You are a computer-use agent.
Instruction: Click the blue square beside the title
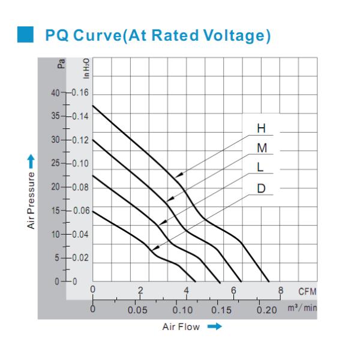point(26,35)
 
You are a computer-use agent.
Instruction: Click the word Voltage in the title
point(232,35)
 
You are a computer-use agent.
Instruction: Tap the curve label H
point(260,128)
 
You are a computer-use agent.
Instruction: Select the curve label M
point(261,148)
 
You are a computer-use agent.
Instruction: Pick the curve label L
point(260,168)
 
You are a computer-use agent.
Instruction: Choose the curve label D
point(261,188)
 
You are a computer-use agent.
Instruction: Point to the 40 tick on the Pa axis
point(55,93)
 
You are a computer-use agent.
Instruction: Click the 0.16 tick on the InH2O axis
point(80,93)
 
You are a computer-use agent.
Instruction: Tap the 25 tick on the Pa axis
point(55,163)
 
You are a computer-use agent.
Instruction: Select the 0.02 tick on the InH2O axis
point(80,258)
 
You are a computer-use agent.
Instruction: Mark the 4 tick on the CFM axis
point(187,290)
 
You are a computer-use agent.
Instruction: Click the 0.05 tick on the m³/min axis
point(137,310)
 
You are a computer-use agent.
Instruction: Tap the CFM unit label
point(307,292)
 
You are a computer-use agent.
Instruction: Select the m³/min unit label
point(302,309)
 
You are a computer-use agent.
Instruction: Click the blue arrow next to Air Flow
point(214,327)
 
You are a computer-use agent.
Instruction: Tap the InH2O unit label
point(86,67)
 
